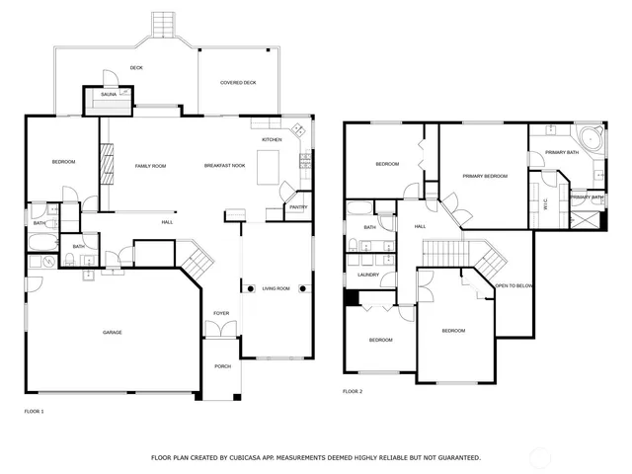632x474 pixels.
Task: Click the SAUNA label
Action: tap(109, 94)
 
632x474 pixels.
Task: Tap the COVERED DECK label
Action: tap(238, 83)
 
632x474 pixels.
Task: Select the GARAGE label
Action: tap(113, 332)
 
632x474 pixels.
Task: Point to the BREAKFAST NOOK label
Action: tap(224, 165)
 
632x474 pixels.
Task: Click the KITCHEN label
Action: tap(272, 140)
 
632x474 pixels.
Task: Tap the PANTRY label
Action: tap(298, 207)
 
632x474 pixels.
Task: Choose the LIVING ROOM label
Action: tap(276, 288)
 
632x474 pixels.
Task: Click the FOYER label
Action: tap(221, 314)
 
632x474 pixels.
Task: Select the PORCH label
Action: tap(222, 366)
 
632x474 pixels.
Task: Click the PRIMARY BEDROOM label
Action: tap(485, 176)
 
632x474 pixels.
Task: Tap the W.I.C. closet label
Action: tap(546, 204)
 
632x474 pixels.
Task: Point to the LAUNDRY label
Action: tap(368, 275)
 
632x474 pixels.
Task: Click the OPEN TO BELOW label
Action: tap(514, 285)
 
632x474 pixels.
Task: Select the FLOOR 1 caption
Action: tap(34, 411)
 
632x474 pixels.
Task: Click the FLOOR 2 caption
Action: tap(353, 392)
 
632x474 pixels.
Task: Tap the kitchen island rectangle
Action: tap(269, 169)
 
